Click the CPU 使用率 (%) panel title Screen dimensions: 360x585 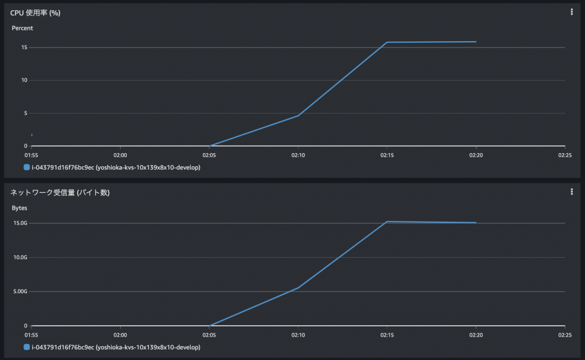[x=35, y=13]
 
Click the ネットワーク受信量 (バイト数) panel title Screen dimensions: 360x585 [x=60, y=193]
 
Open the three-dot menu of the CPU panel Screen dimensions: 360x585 [x=571, y=12]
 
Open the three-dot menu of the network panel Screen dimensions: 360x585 [x=571, y=192]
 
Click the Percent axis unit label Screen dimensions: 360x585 [x=22, y=28]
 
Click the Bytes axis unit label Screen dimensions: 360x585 [x=19, y=208]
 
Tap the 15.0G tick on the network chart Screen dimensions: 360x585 [x=21, y=223]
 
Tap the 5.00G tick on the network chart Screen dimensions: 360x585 [x=21, y=291]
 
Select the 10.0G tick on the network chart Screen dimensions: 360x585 [x=21, y=257]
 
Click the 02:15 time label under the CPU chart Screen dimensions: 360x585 [x=387, y=154]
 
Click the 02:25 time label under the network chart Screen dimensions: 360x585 [x=564, y=334]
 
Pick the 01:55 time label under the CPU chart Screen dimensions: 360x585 [x=31, y=154]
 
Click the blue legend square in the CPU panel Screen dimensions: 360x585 [x=27, y=168]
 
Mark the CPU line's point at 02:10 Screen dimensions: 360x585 [x=298, y=115]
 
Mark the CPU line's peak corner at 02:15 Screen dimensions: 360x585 [x=387, y=42]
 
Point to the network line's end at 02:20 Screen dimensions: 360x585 [x=476, y=223]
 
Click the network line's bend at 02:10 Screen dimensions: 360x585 [x=298, y=287]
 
